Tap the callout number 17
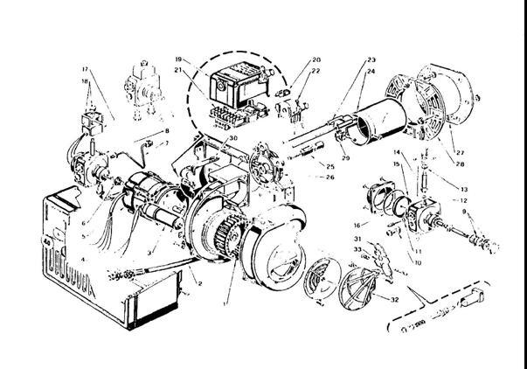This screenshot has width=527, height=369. pyautogui.click(x=85, y=68)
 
